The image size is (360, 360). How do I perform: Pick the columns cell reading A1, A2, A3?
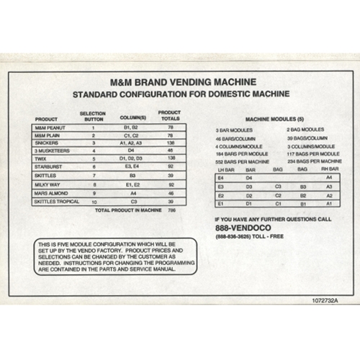132,143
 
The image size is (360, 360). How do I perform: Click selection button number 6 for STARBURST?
94,166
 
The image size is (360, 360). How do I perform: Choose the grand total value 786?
171,211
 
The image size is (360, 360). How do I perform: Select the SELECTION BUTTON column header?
93,116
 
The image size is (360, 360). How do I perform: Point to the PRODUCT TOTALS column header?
169,115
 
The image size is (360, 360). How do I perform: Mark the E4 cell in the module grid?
220,177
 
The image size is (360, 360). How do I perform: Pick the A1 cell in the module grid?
329,204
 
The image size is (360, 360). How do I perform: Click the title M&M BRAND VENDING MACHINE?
181,83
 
